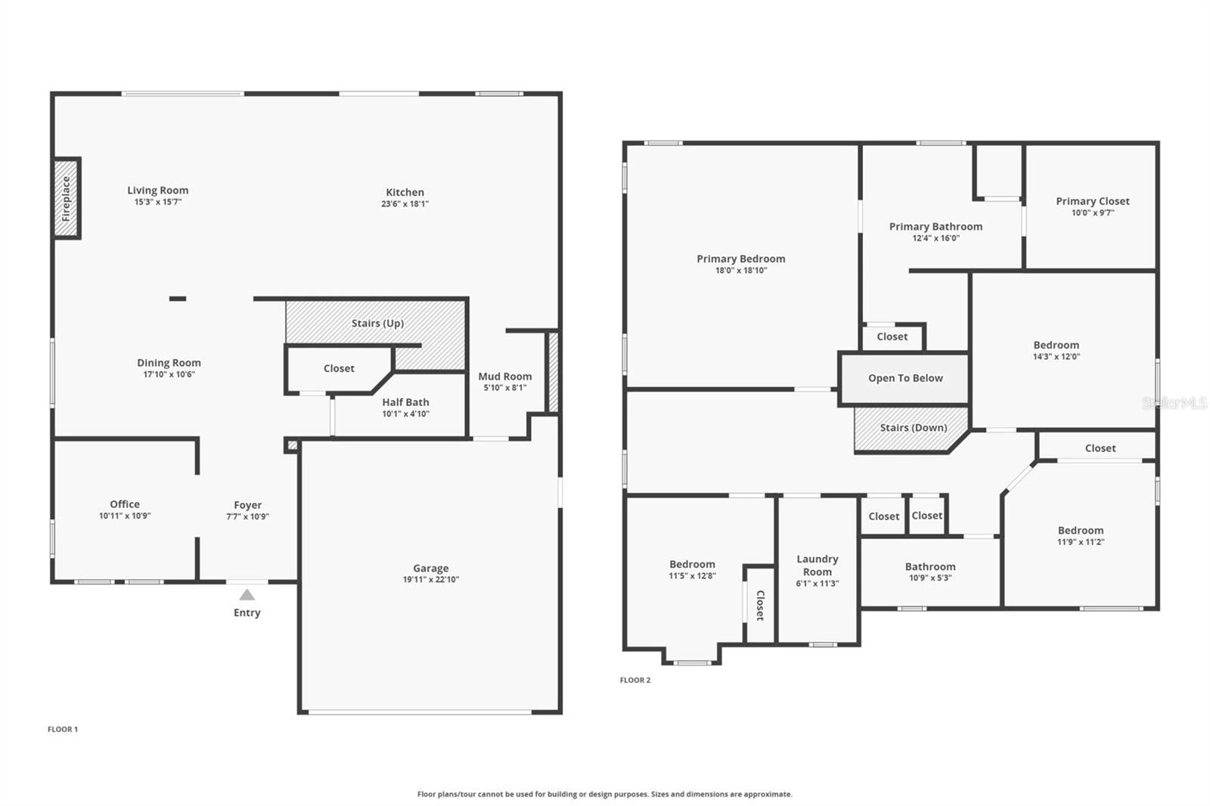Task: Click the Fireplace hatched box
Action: click(67, 198)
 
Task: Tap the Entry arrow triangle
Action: click(247, 595)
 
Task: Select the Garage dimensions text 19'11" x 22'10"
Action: click(430, 580)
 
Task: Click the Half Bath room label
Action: click(405, 402)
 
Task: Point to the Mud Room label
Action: click(504, 377)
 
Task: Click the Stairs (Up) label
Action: click(377, 323)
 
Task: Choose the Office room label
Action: click(125, 504)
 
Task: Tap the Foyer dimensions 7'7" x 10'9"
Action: click(247, 516)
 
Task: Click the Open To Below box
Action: click(904, 378)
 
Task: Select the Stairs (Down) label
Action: click(913, 428)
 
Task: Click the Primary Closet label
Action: click(1092, 201)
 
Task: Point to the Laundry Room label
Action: click(817, 566)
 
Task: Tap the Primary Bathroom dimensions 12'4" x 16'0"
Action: click(935, 238)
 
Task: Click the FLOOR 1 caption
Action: click(63, 730)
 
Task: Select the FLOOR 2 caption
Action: click(634, 680)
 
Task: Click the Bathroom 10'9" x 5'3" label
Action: click(929, 567)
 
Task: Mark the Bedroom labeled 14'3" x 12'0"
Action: click(1056, 345)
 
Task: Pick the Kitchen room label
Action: click(405, 192)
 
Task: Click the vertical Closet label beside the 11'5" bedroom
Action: click(760, 605)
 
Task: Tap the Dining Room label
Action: click(169, 363)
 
